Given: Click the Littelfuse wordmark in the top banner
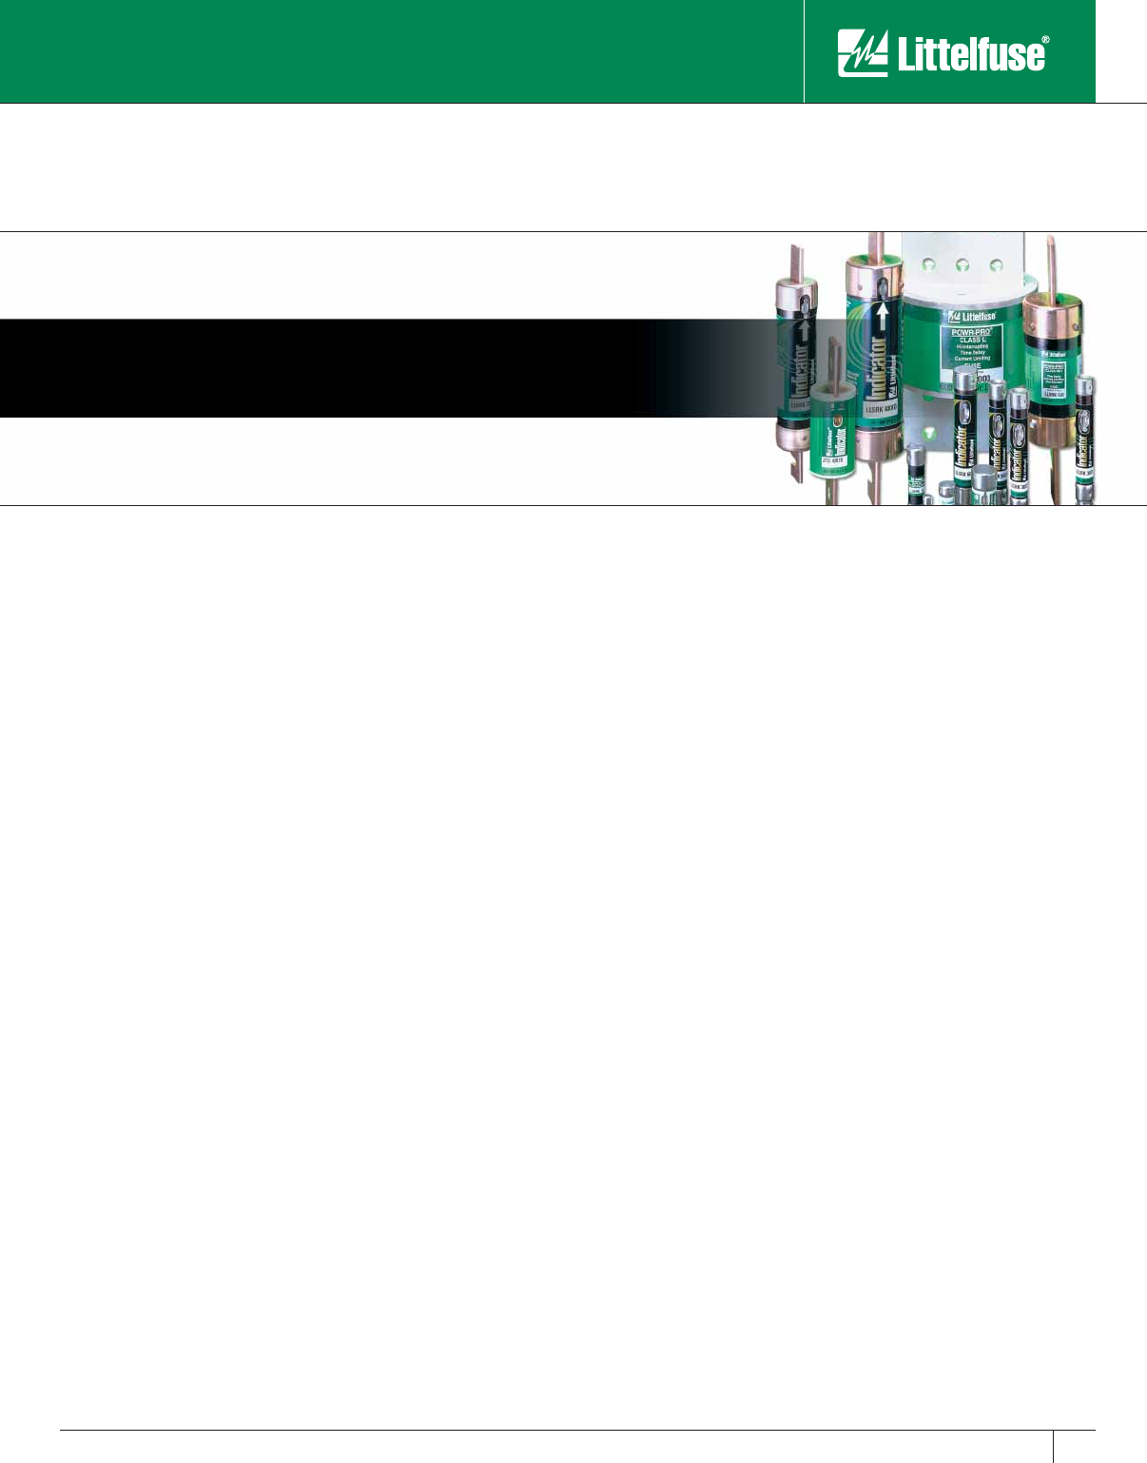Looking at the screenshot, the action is (969, 55).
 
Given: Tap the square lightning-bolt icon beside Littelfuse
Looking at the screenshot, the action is (862, 52).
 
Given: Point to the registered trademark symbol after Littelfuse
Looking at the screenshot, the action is (1046, 42).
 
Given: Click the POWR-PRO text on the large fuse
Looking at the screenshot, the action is (970, 331).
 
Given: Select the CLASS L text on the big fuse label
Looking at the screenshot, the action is (970, 340).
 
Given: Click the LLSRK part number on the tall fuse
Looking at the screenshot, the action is (881, 409).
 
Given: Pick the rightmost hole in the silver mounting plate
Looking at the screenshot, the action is (997, 266).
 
